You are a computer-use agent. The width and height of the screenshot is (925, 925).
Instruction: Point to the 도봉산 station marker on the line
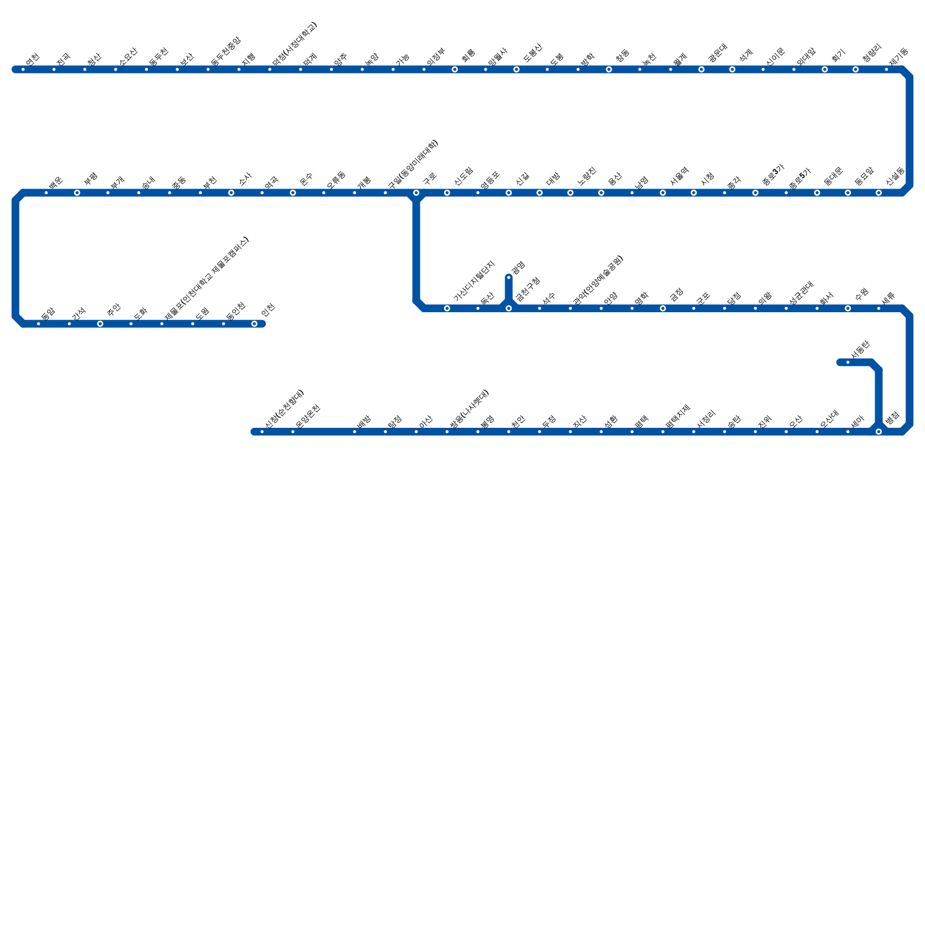(x=516, y=70)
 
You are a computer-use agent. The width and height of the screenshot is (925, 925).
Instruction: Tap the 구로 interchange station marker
(x=416, y=193)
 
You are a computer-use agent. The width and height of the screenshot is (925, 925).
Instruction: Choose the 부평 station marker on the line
(x=77, y=193)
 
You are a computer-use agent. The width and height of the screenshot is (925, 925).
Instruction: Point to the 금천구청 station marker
(x=509, y=309)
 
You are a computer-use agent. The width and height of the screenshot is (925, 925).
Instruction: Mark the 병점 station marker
(x=879, y=432)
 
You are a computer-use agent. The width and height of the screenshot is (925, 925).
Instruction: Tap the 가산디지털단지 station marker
(x=447, y=309)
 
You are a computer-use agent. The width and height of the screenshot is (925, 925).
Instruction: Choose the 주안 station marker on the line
(x=100, y=324)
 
